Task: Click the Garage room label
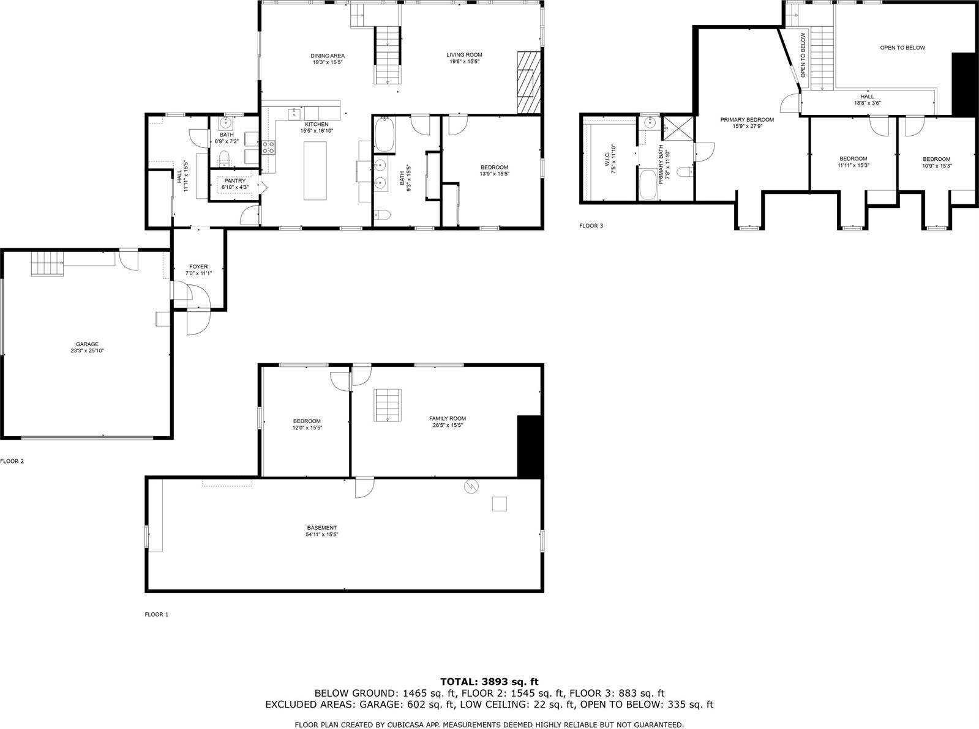(x=87, y=344)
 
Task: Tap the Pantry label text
(x=234, y=181)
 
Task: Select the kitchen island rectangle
(x=316, y=171)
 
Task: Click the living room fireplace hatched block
(x=529, y=83)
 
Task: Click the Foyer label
(x=198, y=267)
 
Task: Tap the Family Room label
(x=447, y=418)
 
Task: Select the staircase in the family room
(x=388, y=404)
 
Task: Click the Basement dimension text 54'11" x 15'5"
(x=322, y=535)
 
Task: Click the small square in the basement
(x=500, y=504)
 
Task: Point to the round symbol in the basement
(x=471, y=486)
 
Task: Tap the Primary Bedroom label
(x=747, y=120)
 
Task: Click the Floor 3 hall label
(x=867, y=96)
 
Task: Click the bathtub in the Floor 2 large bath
(x=384, y=135)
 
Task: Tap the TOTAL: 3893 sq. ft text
(x=489, y=681)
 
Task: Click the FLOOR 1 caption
(x=156, y=615)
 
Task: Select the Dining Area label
(x=327, y=56)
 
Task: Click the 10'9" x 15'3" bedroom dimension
(x=937, y=166)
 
